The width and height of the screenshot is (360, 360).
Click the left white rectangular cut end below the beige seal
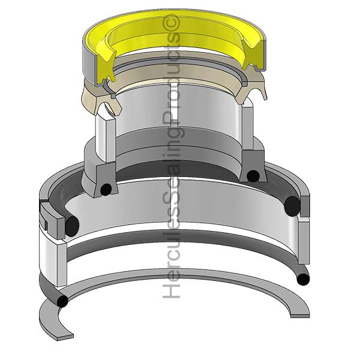106,138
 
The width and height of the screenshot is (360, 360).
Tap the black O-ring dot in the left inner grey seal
106,190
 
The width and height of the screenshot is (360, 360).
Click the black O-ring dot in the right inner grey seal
253,176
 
